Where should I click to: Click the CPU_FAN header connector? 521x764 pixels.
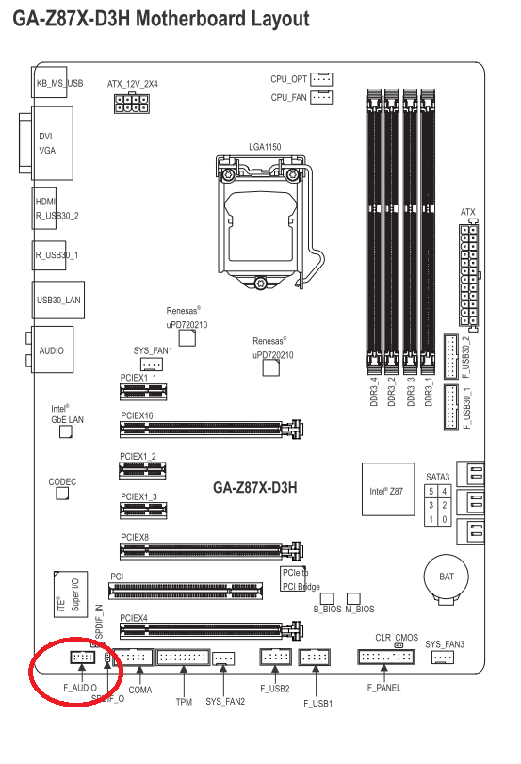coord(321,97)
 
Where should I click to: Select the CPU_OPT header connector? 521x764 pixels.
coord(321,79)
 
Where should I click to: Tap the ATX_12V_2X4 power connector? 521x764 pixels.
coord(132,103)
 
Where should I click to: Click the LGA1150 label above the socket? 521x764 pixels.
coord(265,147)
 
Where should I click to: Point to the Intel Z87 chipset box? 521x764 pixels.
coord(388,489)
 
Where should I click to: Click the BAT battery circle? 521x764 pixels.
coord(446,577)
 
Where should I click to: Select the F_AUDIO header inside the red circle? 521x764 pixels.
coord(82,658)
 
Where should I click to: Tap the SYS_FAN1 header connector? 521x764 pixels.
coord(151,364)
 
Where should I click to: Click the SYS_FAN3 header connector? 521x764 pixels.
coord(443,658)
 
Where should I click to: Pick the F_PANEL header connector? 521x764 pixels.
coord(386,658)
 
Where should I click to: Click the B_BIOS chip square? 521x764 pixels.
coord(327,598)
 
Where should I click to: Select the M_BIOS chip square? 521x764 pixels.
coord(353,598)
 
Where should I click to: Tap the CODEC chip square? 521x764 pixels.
coord(62,493)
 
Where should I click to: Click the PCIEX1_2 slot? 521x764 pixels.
coord(143,470)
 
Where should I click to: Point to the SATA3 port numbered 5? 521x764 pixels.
coord(431,491)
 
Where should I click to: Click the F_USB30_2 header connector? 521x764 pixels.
coord(450,357)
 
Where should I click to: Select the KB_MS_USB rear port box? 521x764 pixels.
coord(49,81)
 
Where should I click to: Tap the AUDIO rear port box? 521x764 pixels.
coord(53,349)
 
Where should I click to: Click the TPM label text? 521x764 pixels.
coord(184,702)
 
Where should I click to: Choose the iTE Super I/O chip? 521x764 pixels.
coord(71,593)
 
